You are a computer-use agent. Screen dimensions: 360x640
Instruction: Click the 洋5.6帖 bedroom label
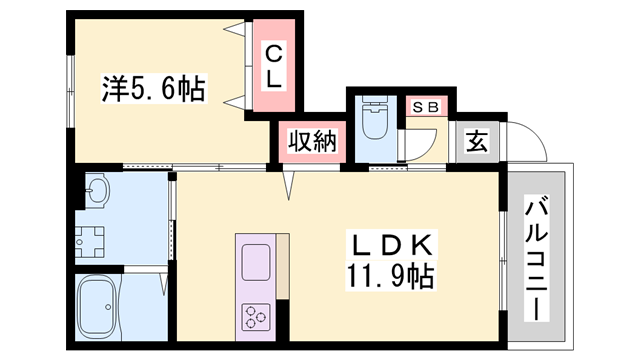pos(153,90)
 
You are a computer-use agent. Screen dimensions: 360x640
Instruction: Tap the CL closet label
pos(272,66)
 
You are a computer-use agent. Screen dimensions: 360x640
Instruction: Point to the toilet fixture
pos(374,121)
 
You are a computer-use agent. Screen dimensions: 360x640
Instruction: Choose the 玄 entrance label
pos(475,141)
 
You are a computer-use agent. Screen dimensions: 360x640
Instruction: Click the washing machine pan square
pos(95,241)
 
